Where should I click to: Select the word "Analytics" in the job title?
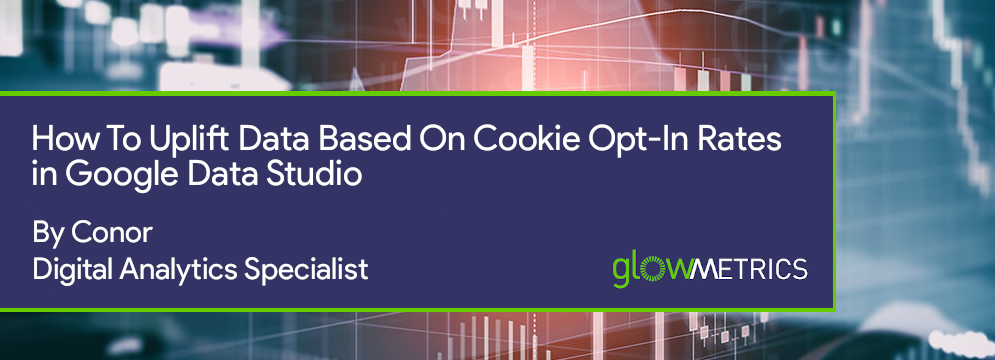(x=175, y=269)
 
